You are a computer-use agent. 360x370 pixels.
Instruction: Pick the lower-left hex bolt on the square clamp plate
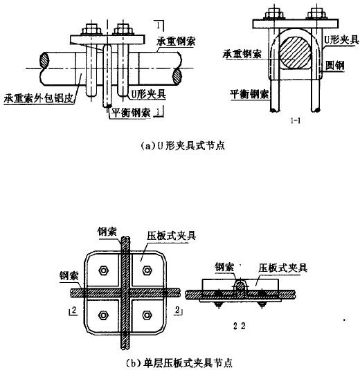103,316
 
